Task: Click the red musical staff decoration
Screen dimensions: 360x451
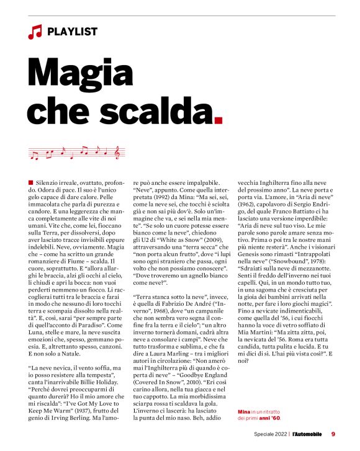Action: point(77,151)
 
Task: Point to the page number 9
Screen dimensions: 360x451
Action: point(333,434)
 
